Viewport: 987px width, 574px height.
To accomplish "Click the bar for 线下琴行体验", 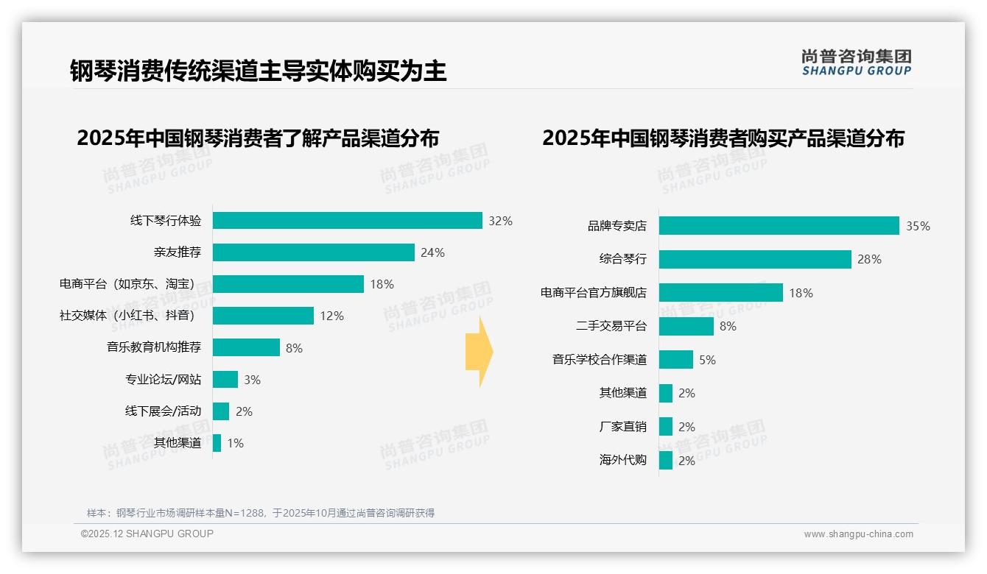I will (x=347, y=221).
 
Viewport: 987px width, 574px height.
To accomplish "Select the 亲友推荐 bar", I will (x=313, y=252).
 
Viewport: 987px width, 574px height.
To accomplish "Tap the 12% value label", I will (x=331, y=316).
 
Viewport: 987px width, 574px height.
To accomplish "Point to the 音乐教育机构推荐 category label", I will (x=154, y=347).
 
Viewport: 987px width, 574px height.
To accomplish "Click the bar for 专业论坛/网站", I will (x=225, y=380).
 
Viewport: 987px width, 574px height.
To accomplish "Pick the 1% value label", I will (x=236, y=443).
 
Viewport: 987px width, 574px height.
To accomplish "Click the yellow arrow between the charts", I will (x=480, y=352).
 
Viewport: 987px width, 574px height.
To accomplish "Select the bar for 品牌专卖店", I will (x=779, y=226).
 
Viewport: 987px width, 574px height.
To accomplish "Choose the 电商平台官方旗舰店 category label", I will (x=593, y=293).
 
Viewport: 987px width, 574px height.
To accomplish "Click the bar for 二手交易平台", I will (x=686, y=326).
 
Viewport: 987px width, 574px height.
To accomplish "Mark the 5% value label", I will (x=707, y=360).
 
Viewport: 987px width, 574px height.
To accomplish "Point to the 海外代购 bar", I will (x=666, y=461).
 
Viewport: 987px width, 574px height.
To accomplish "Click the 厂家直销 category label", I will (x=622, y=427).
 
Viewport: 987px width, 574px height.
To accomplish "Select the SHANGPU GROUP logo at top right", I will (x=857, y=63).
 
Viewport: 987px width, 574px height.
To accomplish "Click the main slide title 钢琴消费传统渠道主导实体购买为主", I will (x=259, y=71).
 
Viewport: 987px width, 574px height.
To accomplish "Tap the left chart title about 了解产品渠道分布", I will (x=258, y=138).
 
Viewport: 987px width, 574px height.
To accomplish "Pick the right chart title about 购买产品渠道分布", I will (x=723, y=138).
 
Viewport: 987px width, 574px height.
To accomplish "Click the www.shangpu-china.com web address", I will (x=858, y=534).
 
